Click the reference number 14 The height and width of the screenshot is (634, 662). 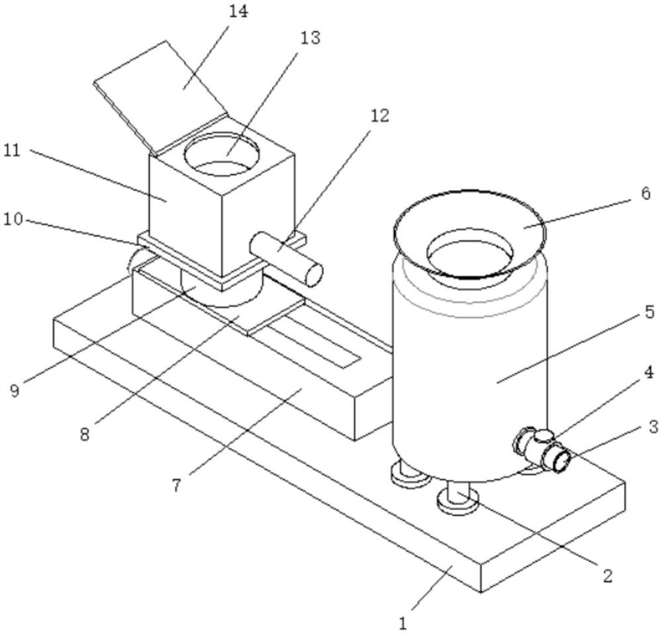239,12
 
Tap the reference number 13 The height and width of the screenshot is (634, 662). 310,38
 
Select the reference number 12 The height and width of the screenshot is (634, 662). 380,115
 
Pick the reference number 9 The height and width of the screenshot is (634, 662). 15,390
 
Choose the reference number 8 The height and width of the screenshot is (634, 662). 85,434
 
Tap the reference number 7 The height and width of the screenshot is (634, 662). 177,485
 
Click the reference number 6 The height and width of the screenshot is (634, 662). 645,195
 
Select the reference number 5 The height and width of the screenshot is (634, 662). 649,312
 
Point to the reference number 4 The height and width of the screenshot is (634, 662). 649,373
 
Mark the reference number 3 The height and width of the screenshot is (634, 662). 653,427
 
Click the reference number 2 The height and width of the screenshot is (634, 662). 607,575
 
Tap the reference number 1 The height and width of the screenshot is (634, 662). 403,623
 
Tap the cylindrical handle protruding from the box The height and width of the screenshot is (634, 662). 286,259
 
